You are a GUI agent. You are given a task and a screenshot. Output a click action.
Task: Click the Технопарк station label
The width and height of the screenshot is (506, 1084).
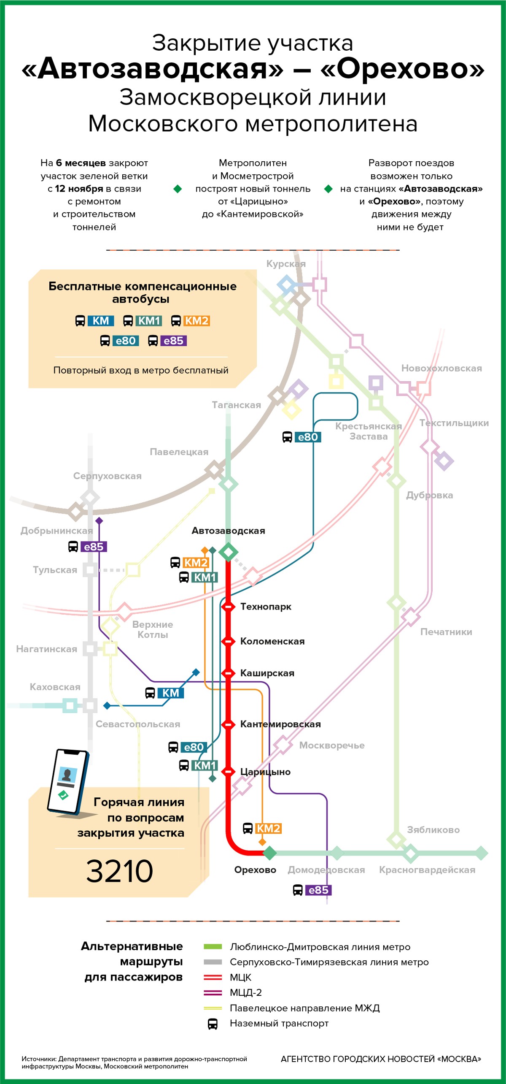pos(265,607)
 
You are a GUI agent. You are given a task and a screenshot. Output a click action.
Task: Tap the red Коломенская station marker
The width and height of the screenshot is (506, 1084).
pos(228,641)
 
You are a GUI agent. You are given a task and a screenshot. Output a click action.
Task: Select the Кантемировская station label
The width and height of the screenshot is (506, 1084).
pos(280,724)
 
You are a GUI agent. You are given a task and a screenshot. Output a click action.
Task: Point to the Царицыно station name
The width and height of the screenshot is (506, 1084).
pos(265,772)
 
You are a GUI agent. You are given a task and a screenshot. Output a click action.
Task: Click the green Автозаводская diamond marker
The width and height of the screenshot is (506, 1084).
pos(229,552)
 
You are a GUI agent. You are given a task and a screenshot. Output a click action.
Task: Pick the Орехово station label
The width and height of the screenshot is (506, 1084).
pos(255,870)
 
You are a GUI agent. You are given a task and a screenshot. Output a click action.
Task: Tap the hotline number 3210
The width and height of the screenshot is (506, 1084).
pos(119,871)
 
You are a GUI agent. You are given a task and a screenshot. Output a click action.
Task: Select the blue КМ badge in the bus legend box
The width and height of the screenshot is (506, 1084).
pos(101,321)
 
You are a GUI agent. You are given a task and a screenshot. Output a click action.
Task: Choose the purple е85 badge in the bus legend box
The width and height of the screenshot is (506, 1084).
pos(173,341)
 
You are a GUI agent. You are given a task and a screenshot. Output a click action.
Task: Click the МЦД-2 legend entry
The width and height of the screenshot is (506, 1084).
pos(245,992)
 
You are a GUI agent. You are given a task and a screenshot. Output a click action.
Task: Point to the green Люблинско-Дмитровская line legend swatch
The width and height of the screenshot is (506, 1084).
pos(213,947)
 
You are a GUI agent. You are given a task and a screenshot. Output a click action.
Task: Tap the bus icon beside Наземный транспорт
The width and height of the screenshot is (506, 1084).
pos(213,1024)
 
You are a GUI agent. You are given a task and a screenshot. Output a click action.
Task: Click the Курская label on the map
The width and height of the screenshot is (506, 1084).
pos(286,264)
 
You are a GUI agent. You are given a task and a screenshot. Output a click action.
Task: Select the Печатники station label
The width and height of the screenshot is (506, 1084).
pos(446,632)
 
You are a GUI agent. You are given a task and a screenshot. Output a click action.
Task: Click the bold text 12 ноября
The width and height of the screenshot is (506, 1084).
pos(79,189)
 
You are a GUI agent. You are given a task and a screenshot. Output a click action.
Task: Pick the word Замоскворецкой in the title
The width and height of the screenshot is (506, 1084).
pos(215,97)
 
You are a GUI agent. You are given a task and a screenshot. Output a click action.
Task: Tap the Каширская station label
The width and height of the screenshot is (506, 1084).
pos(267,673)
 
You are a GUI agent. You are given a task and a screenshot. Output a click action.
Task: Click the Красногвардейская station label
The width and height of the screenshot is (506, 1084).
pos(427,870)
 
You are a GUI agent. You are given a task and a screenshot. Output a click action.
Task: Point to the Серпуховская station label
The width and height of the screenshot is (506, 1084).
pos(107,476)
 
